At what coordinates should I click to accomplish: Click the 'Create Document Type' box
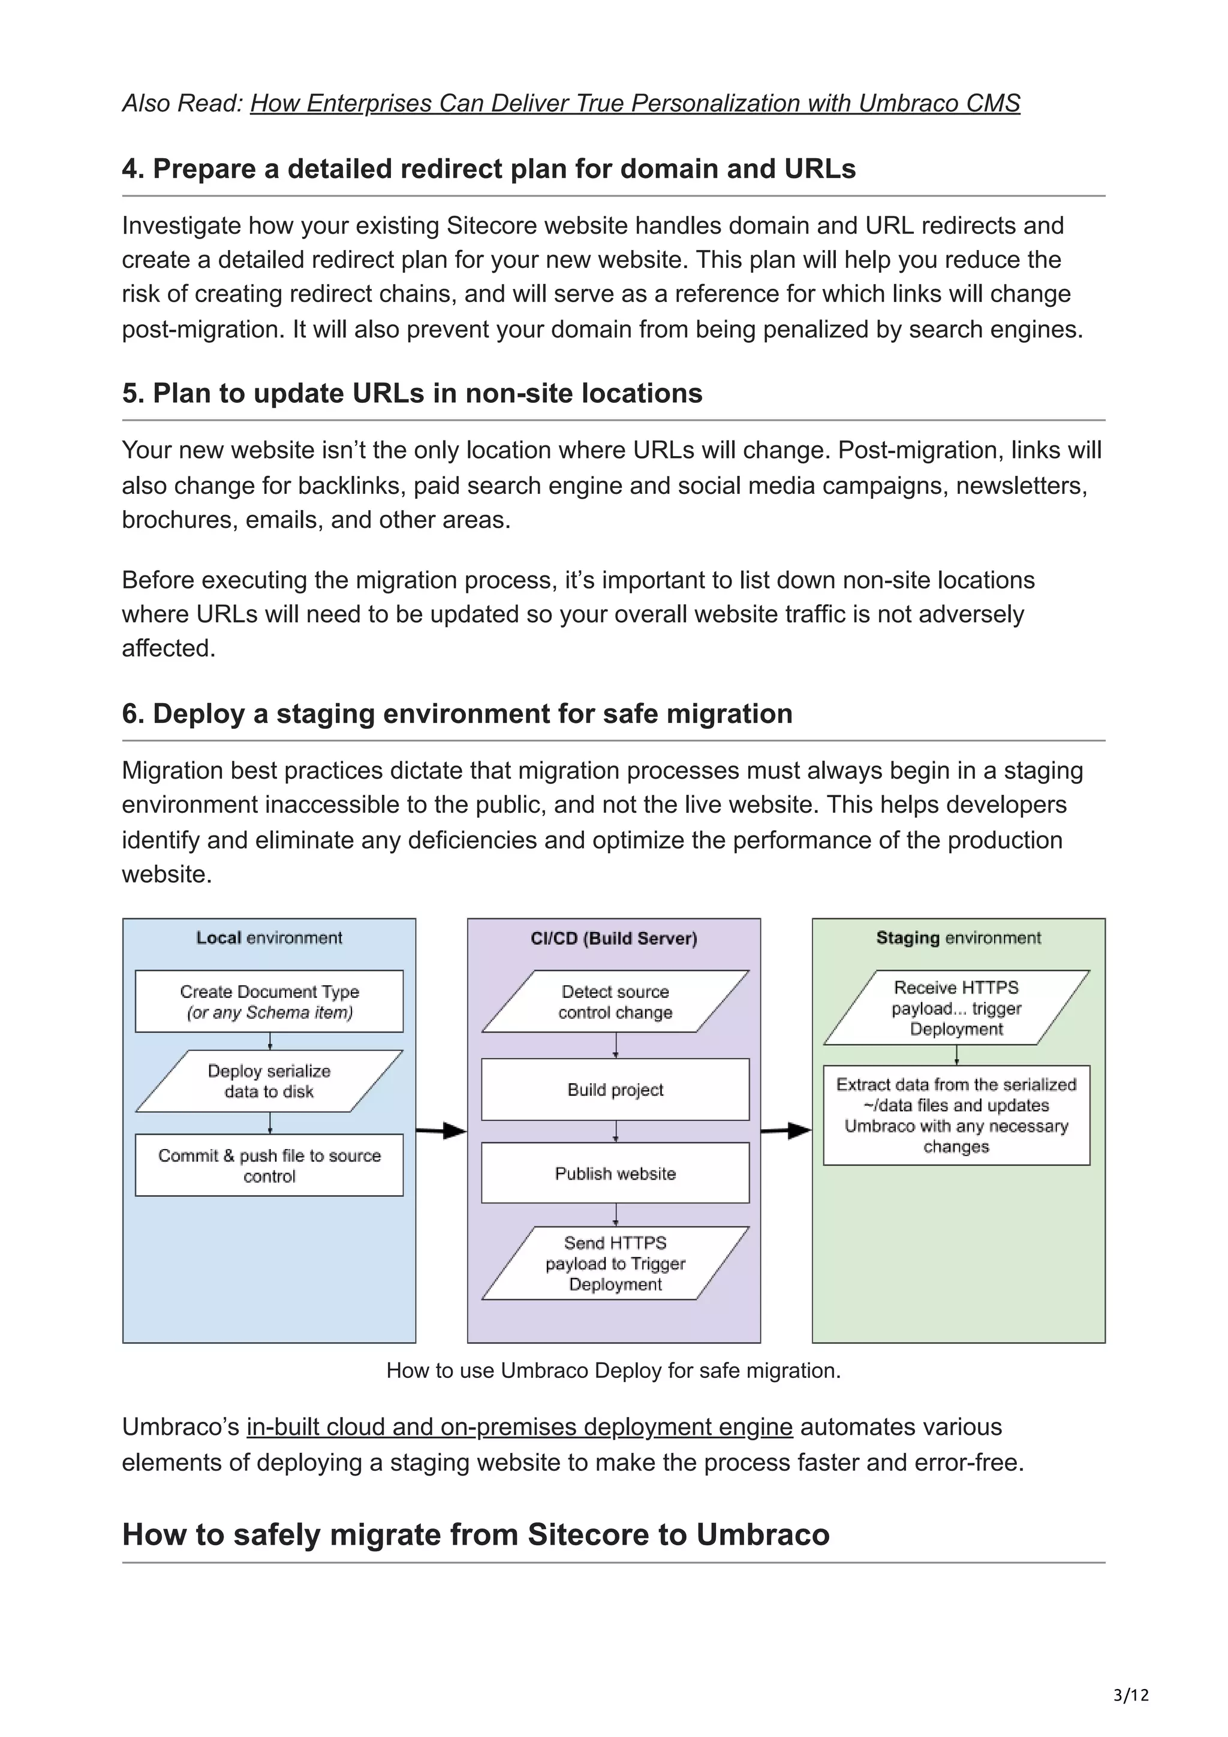[269, 1001]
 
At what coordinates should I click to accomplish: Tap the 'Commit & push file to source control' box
[269, 1165]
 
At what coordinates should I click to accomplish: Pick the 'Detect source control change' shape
[615, 1001]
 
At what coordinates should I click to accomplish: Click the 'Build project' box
[615, 1090]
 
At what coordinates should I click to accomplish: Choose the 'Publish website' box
[615, 1174]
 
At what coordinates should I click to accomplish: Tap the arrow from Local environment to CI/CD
[441, 1131]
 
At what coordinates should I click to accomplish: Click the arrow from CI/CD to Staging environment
[786, 1131]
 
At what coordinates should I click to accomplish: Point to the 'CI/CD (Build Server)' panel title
[613, 938]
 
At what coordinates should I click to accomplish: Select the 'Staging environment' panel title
[958, 938]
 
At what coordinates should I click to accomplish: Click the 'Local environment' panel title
[269, 938]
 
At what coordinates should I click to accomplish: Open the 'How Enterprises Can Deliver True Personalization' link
[635, 103]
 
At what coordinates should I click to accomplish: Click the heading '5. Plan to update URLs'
[413, 393]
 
